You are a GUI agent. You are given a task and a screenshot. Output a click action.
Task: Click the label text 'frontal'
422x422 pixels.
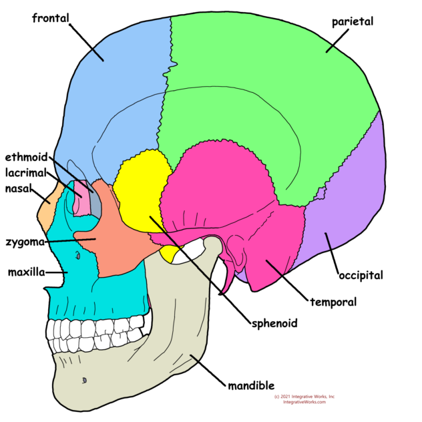click(x=51, y=18)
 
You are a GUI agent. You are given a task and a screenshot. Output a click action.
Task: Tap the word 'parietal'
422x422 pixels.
click(x=353, y=22)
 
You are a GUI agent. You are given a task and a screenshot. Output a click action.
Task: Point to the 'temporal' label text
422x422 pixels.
click(x=333, y=302)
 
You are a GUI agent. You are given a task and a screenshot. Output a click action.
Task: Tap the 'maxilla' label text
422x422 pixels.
click(x=26, y=272)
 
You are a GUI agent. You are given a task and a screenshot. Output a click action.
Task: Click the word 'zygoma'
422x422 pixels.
click(x=25, y=242)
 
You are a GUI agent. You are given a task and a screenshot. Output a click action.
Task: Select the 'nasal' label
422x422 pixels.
click(x=20, y=188)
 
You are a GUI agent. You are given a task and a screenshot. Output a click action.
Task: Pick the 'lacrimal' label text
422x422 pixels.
click(x=27, y=172)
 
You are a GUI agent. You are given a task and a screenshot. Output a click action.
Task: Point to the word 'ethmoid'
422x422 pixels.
click(x=27, y=158)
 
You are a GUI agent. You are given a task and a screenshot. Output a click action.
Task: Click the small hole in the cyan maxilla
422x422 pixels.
click(x=79, y=254)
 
